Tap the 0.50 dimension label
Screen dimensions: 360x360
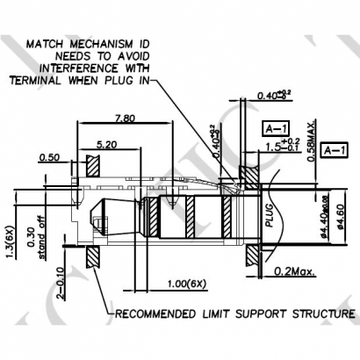coord(50,158)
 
